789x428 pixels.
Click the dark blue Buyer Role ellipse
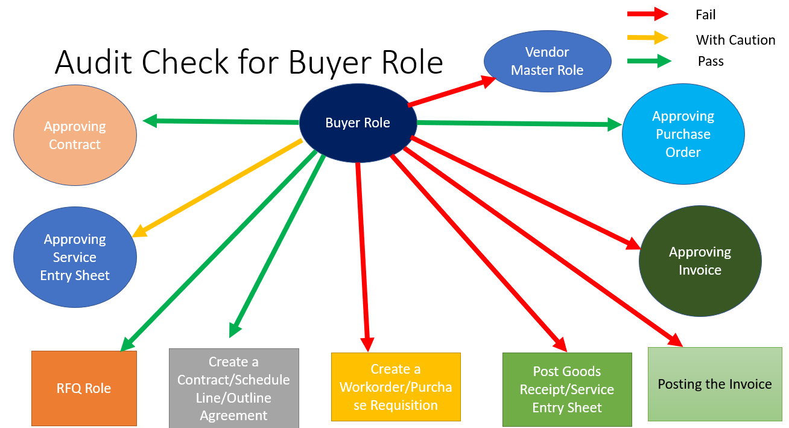coord(358,123)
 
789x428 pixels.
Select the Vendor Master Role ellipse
coord(547,62)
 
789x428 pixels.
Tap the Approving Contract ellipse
coord(75,135)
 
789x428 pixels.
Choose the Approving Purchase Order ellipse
coord(683,134)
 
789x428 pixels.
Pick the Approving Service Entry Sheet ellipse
coord(75,257)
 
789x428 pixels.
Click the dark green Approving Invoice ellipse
coord(700,261)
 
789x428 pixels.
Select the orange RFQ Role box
coord(84,388)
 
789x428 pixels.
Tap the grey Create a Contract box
coord(233,388)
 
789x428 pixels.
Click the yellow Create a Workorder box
coord(396,387)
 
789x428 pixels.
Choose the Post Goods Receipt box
coord(567,389)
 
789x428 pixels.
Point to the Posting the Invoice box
coord(715,384)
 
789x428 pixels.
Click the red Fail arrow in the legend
coord(647,14)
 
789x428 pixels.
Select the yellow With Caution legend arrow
coord(647,37)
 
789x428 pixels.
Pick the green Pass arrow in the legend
coord(649,61)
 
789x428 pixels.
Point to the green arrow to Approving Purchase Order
coord(519,124)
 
